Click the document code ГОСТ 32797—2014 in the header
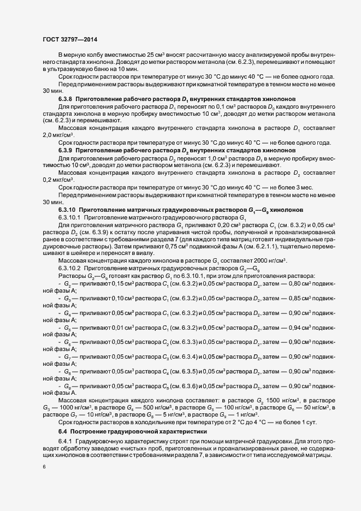pos(70,40)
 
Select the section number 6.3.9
pos(67,149)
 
